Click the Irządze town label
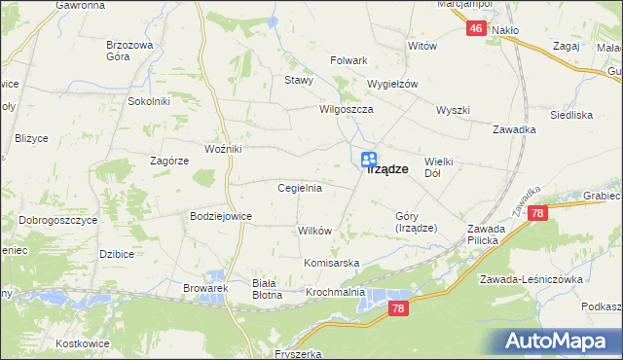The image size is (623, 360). point(386,169)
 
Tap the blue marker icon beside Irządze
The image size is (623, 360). point(369,160)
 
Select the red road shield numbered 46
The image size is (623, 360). point(475,29)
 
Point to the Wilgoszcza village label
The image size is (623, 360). point(348,110)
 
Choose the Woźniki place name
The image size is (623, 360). point(223,149)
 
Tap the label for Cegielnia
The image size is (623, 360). point(300,188)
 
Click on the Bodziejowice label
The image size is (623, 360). point(221,216)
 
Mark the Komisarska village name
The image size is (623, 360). point(332,264)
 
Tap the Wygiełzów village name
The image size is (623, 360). point(391,84)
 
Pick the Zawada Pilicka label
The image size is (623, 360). point(482,234)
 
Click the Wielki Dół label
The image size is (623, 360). point(441,166)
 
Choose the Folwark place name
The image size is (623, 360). point(348,60)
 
